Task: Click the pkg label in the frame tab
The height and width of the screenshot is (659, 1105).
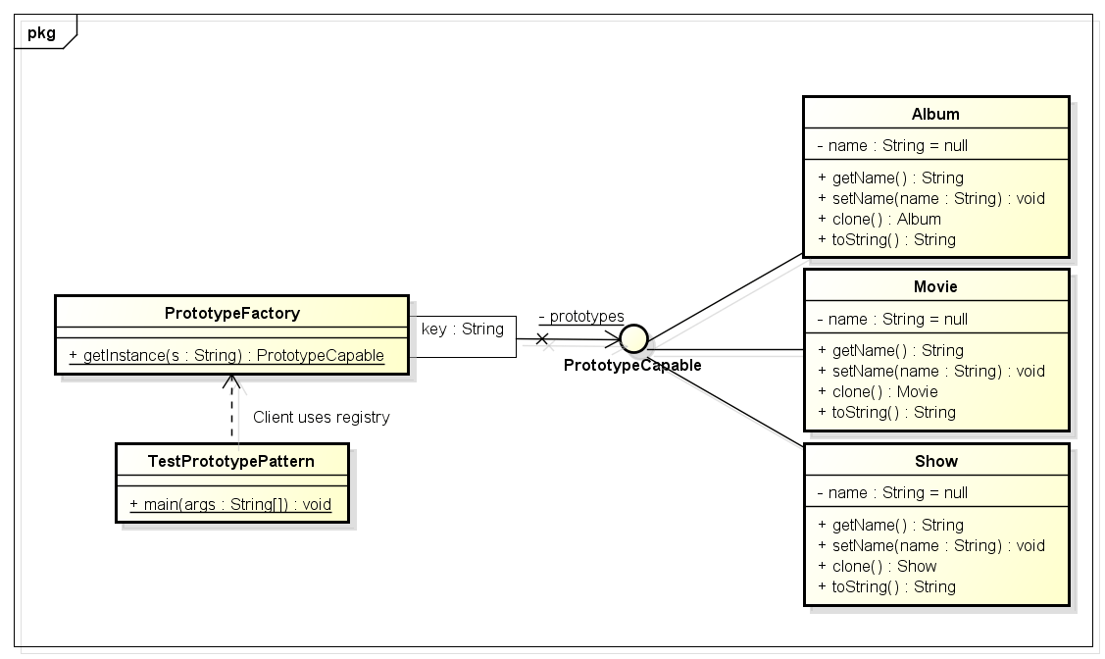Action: [x=40, y=32]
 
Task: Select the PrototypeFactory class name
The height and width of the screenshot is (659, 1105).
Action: [x=232, y=313]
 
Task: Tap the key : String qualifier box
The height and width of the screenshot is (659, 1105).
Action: [x=463, y=329]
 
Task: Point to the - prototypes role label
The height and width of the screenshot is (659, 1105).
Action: [x=581, y=316]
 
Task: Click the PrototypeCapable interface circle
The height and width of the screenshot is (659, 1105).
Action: [x=633, y=339]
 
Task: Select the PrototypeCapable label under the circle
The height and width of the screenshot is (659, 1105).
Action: [x=632, y=366]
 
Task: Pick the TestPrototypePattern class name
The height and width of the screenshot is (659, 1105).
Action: [x=232, y=460]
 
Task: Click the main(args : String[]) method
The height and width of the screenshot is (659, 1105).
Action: [x=230, y=504]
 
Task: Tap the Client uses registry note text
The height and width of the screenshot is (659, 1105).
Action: [x=321, y=418]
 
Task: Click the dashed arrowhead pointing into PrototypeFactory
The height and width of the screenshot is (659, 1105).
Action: [x=231, y=380]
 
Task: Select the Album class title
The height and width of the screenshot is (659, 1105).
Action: [x=935, y=114]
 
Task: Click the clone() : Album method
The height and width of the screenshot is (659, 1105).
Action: [x=879, y=219]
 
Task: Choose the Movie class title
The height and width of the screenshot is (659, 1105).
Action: [x=935, y=286]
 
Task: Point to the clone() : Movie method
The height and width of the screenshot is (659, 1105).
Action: [x=878, y=391]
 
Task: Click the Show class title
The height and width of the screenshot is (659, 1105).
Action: [x=935, y=461]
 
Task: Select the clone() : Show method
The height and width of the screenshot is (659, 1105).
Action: [x=877, y=566]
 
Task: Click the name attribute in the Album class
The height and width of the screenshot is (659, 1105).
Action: [x=892, y=145]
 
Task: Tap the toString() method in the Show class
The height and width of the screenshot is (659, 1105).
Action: [x=886, y=586]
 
